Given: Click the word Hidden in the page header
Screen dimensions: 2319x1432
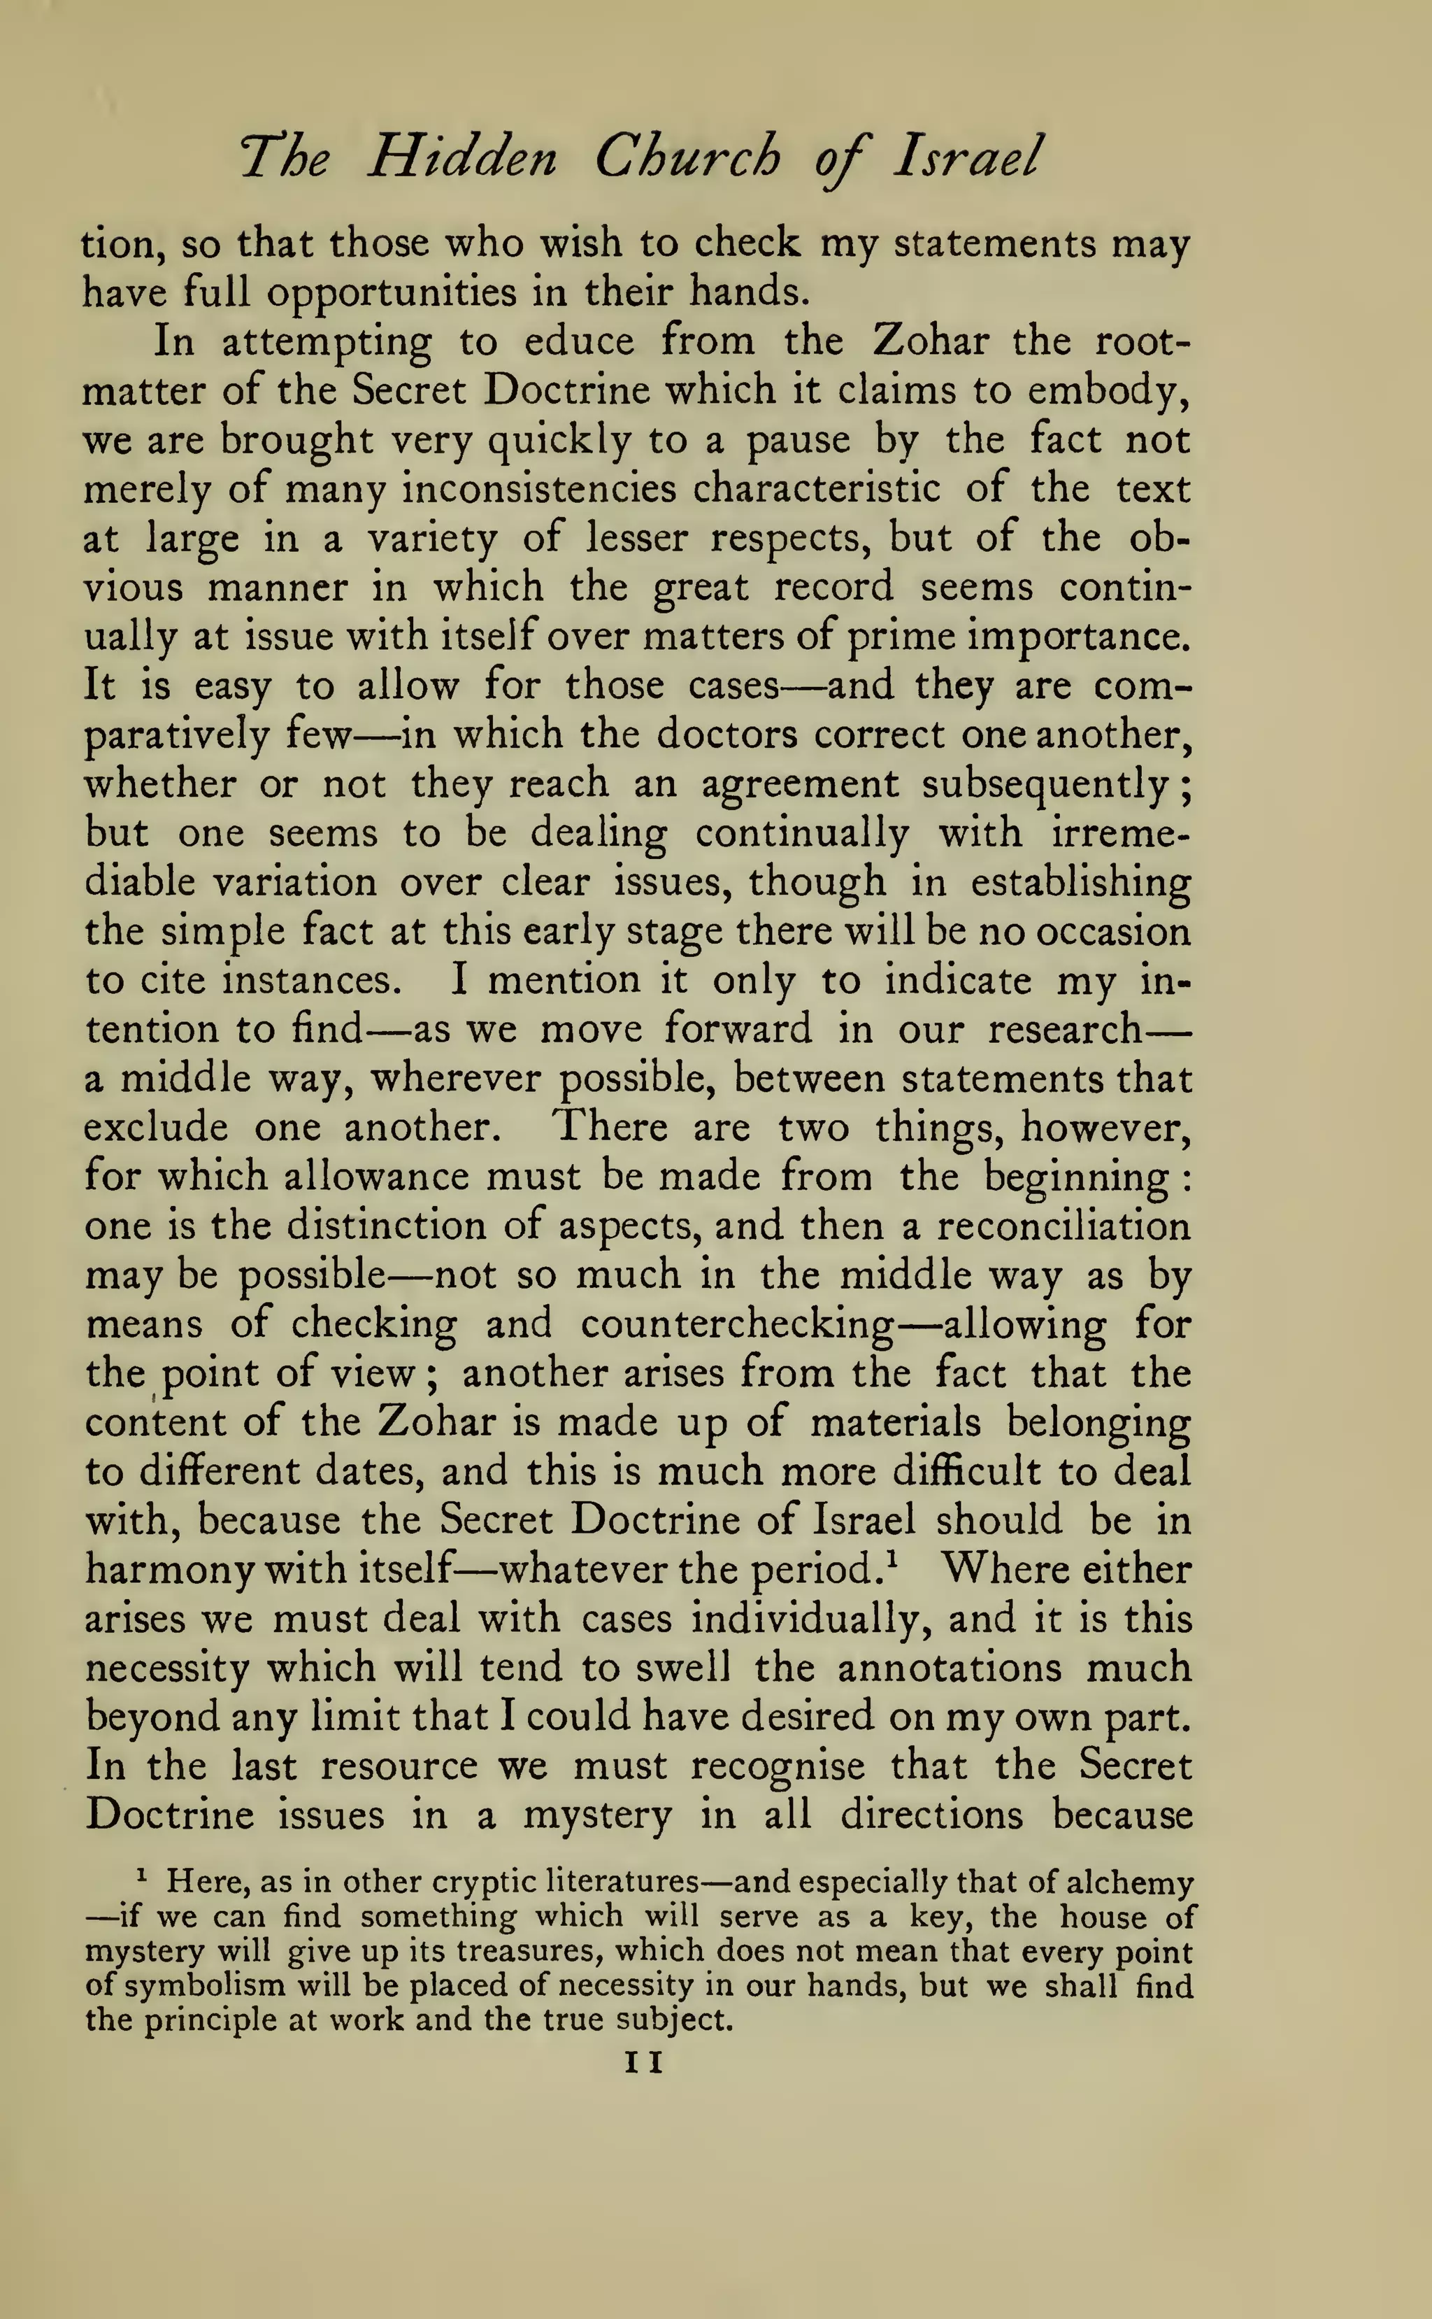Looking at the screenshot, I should pyautogui.click(x=462, y=157).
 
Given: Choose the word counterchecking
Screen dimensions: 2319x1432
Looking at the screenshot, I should pyautogui.click(x=737, y=1324).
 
